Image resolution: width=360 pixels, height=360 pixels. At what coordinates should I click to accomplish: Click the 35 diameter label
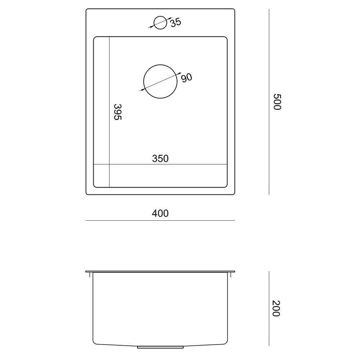click(175, 22)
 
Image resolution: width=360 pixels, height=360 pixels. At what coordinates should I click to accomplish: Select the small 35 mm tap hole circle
click(160, 22)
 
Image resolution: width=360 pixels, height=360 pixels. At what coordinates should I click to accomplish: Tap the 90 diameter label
click(186, 77)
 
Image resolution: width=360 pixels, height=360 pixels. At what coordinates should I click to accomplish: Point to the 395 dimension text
click(117, 112)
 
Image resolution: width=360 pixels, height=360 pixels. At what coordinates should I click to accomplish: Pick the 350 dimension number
click(160, 158)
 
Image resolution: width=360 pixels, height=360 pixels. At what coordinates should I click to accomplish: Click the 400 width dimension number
click(160, 213)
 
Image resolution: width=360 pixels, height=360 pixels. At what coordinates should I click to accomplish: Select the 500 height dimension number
click(276, 102)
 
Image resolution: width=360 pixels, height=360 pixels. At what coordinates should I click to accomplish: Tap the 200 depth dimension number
click(276, 309)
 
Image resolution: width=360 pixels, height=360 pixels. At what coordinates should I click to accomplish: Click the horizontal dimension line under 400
click(160, 220)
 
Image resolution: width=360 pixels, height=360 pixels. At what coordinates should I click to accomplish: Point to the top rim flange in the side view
click(160, 271)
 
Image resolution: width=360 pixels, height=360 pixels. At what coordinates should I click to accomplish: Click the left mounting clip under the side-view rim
click(88, 275)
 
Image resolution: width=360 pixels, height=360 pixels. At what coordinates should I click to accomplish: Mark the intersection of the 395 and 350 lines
click(109, 165)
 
